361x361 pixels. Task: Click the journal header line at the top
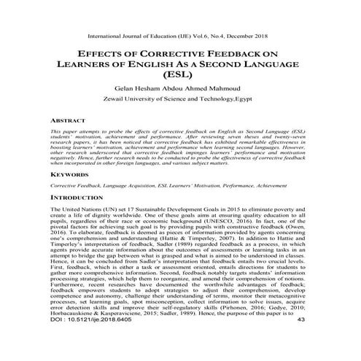(180, 34)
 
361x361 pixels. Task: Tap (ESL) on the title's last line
(180, 74)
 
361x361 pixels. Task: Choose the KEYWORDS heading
(69, 176)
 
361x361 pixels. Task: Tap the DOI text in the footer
(82, 340)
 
